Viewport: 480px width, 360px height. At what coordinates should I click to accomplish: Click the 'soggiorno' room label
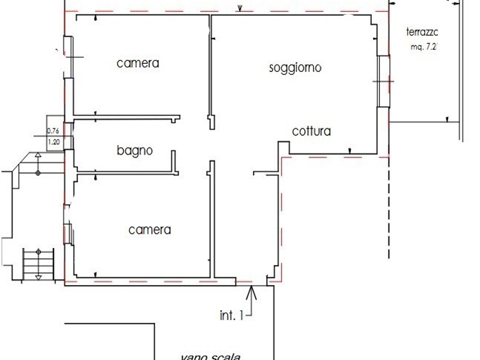pyautogui.click(x=295, y=68)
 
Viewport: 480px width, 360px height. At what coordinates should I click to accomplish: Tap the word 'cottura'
pyautogui.click(x=311, y=132)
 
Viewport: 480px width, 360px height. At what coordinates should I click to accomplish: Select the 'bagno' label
pyautogui.click(x=134, y=151)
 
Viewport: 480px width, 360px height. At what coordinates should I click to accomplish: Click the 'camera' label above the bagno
pyautogui.click(x=138, y=63)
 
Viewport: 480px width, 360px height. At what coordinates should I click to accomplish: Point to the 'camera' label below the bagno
pyautogui.click(x=149, y=230)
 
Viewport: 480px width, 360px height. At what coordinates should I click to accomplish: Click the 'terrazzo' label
pyautogui.click(x=424, y=32)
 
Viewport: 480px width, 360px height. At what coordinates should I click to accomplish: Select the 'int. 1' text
pyautogui.click(x=231, y=315)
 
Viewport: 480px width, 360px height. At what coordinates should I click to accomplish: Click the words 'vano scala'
pyautogui.click(x=210, y=356)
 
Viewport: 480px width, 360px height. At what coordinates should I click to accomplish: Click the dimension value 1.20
pyautogui.click(x=53, y=142)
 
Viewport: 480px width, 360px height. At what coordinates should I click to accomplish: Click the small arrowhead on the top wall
pyautogui.click(x=240, y=9)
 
